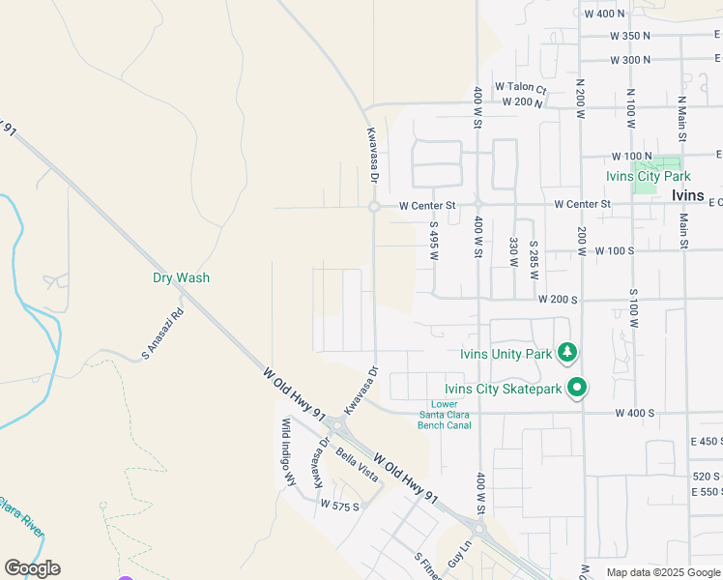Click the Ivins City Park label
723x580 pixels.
coord(648,176)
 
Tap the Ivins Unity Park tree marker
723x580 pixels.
coord(570,352)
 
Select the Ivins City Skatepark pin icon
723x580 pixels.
coord(577,389)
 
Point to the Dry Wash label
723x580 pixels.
coord(181,277)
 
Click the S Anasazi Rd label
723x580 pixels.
coord(162,334)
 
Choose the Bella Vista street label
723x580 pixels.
coord(356,460)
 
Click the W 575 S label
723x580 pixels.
coord(339,506)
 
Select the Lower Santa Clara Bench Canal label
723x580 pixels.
coord(445,415)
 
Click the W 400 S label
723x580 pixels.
coord(635,413)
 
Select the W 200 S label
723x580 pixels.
coord(558,300)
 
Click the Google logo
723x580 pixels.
coord(32,568)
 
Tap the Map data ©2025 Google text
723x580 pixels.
coord(663,572)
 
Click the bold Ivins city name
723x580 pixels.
coord(687,194)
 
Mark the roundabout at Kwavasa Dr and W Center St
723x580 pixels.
coord(373,207)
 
